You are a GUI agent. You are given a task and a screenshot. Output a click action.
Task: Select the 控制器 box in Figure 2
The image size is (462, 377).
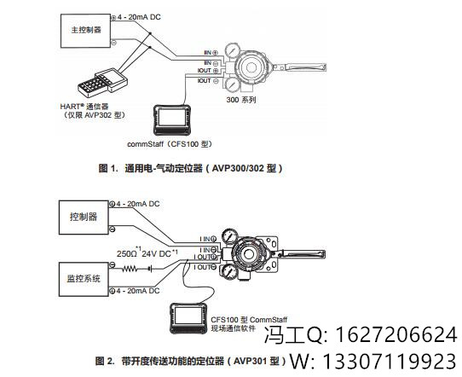click(83, 217)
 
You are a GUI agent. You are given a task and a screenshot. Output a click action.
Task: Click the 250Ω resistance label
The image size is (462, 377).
click(129, 253)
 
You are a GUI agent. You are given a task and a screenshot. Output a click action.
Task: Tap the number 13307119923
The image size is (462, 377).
click(390, 362)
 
